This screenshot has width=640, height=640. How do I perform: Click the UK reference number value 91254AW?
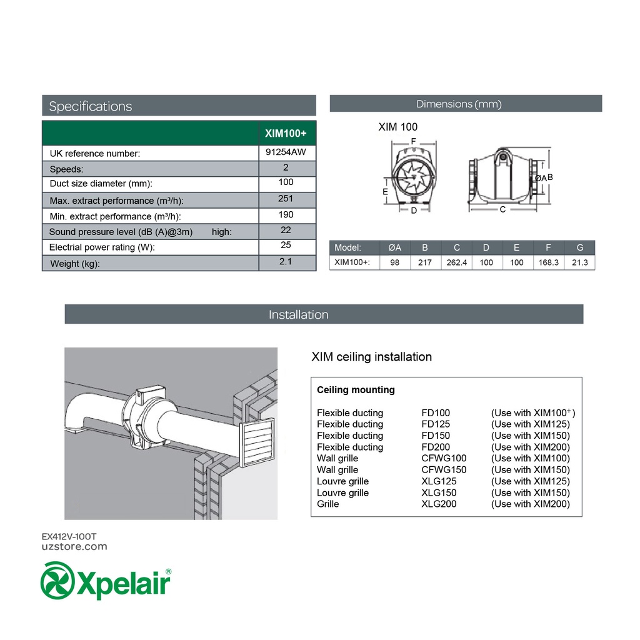(x=286, y=151)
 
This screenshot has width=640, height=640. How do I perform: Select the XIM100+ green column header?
(x=286, y=133)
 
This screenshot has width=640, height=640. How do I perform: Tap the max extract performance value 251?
(x=286, y=199)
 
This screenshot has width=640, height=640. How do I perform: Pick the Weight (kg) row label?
(x=75, y=264)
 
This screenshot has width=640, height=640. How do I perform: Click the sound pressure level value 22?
(x=286, y=230)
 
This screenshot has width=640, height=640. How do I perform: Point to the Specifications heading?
(x=91, y=106)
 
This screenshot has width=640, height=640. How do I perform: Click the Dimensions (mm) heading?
(x=459, y=104)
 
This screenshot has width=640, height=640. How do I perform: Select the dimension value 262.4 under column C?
(x=457, y=262)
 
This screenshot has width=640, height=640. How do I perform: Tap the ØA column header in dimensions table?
(x=395, y=247)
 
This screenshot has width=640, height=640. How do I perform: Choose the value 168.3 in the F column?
(x=548, y=262)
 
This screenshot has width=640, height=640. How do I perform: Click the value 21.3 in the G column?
(x=579, y=262)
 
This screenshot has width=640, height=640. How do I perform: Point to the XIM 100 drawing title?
(x=397, y=127)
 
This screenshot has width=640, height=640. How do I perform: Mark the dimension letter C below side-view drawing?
(x=502, y=210)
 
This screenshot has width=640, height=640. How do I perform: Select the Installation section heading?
(x=298, y=314)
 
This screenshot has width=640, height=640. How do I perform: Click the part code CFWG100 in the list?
(x=444, y=458)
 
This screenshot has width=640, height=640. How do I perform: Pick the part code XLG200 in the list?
(x=439, y=504)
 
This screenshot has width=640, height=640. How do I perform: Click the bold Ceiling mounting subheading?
(x=356, y=390)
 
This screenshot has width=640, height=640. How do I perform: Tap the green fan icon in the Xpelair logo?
(x=57, y=581)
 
